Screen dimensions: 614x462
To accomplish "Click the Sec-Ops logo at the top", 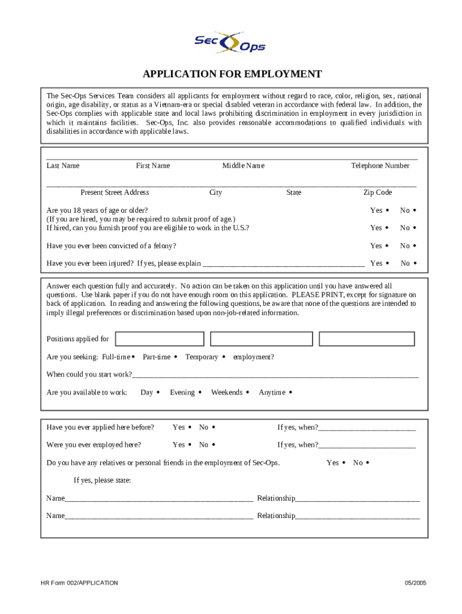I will (x=230, y=43).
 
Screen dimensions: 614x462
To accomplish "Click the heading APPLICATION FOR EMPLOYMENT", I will (x=232, y=74).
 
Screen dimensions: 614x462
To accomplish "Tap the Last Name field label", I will (x=63, y=166).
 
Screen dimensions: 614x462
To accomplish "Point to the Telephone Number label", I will (x=380, y=166).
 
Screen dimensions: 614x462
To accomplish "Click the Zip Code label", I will (x=377, y=192).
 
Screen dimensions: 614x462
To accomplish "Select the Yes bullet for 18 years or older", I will (x=387, y=210).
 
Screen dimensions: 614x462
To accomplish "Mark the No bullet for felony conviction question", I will (x=415, y=246).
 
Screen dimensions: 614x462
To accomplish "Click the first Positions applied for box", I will (x=159, y=339).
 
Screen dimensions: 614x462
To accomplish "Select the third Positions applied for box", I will (x=367, y=339).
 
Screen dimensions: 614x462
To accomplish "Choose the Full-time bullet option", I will (x=133, y=357).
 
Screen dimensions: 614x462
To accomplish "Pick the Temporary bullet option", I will (x=224, y=357).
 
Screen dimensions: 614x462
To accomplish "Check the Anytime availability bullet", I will (x=290, y=393).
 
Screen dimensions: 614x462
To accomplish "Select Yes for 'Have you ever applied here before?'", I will (x=190, y=428).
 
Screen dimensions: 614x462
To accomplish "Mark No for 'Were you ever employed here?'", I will (x=214, y=445).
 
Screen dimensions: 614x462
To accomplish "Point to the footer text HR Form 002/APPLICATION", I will (x=79, y=583).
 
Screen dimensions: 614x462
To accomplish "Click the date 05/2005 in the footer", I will (x=415, y=583).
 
